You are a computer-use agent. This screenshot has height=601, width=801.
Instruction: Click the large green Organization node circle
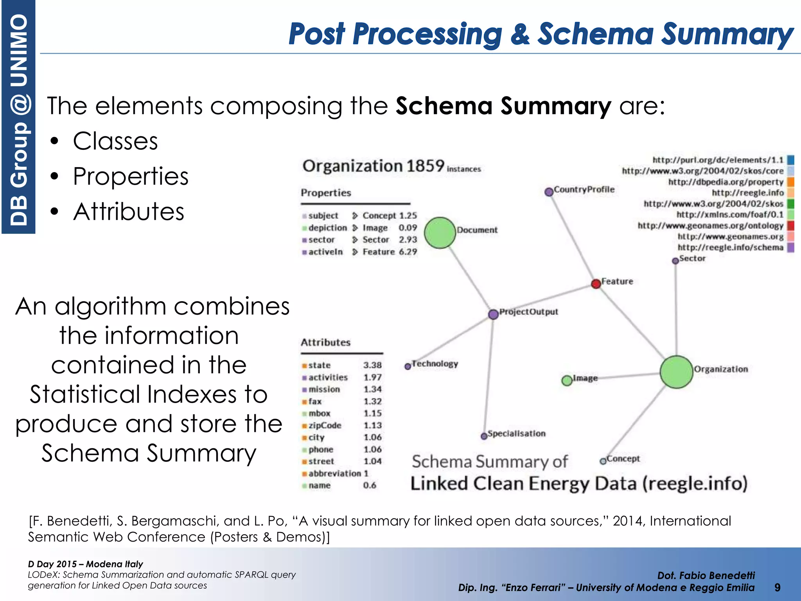point(676,372)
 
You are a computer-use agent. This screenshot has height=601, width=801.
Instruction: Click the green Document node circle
point(440,233)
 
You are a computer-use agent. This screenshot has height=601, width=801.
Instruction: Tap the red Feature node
point(596,284)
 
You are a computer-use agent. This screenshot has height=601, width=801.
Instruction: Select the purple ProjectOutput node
point(493,314)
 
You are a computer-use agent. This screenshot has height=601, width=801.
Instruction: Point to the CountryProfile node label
point(584,189)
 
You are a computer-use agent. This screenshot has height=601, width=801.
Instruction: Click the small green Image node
point(566,380)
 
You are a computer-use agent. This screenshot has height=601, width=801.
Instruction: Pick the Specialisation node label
point(516,434)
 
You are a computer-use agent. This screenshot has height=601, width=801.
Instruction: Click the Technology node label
point(435,363)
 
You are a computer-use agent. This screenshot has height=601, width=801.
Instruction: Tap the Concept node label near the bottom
point(623,458)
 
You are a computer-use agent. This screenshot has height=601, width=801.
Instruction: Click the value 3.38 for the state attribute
point(372,365)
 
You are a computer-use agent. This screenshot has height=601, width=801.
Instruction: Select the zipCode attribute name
point(325,425)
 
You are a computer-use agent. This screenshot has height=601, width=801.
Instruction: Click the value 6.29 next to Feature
point(408,252)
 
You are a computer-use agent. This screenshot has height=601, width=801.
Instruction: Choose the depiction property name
point(327,228)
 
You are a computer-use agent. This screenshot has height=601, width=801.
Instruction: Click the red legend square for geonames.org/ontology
point(790,225)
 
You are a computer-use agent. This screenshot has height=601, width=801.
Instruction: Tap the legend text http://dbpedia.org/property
point(726,182)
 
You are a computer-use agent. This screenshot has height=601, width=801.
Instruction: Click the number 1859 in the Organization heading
point(425,166)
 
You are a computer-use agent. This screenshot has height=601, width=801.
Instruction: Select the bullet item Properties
point(131,176)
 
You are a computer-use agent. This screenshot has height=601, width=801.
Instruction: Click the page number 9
point(778,587)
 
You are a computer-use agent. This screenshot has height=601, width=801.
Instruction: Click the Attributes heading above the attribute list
point(325,342)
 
